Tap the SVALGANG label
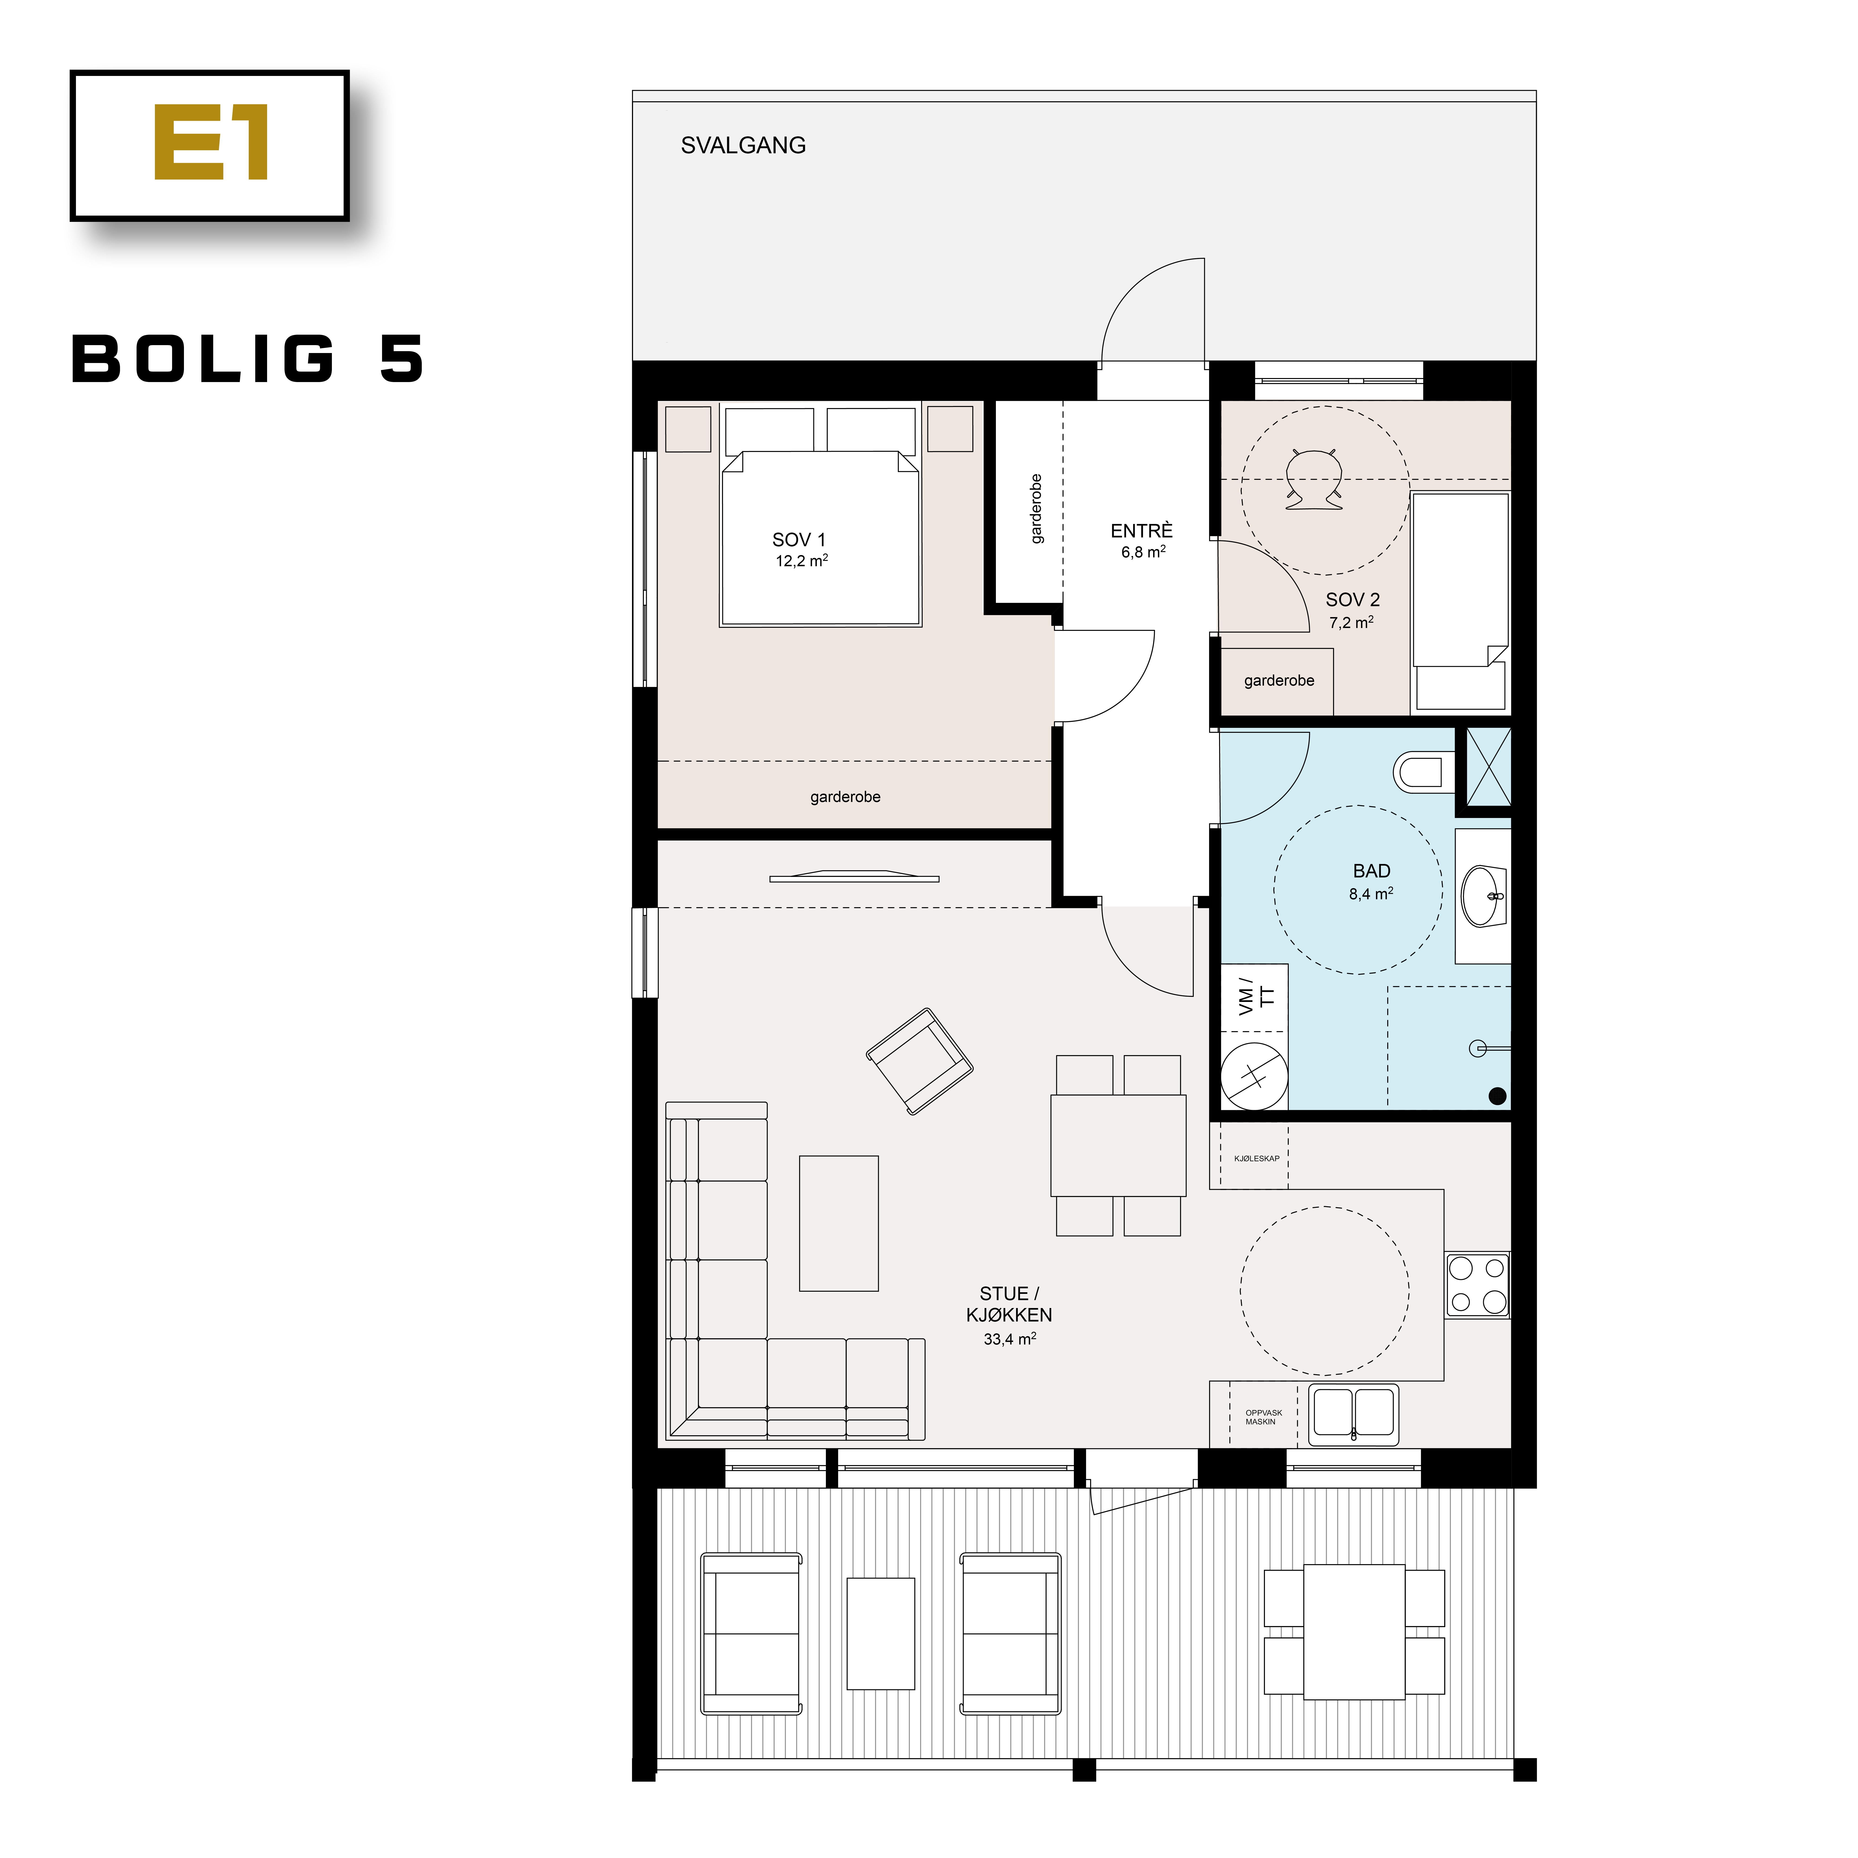point(743,145)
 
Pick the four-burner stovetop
point(1477,1285)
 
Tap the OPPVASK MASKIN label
point(1263,1416)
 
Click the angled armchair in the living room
point(919,1061)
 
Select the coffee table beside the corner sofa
point(839,1223)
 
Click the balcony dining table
point(1354,1632)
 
